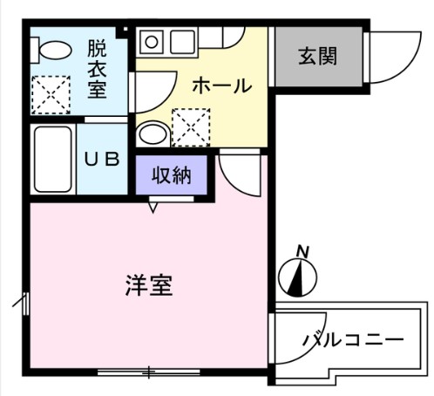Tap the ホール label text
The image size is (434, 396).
point(220,85)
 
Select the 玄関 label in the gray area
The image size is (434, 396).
point(317,58)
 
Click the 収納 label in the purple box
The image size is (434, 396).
point(172,176)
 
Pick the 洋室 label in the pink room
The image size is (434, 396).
point(148,285)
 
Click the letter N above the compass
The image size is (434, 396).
point(302,251)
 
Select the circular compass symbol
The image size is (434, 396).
point(298,277)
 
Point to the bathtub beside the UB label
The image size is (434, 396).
point(53,160)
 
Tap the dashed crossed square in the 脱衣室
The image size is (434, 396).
point(51,93)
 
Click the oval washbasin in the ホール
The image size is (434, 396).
point(153,134)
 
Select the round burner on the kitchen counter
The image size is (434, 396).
point(151,40)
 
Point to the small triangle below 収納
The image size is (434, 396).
point(153,208)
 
